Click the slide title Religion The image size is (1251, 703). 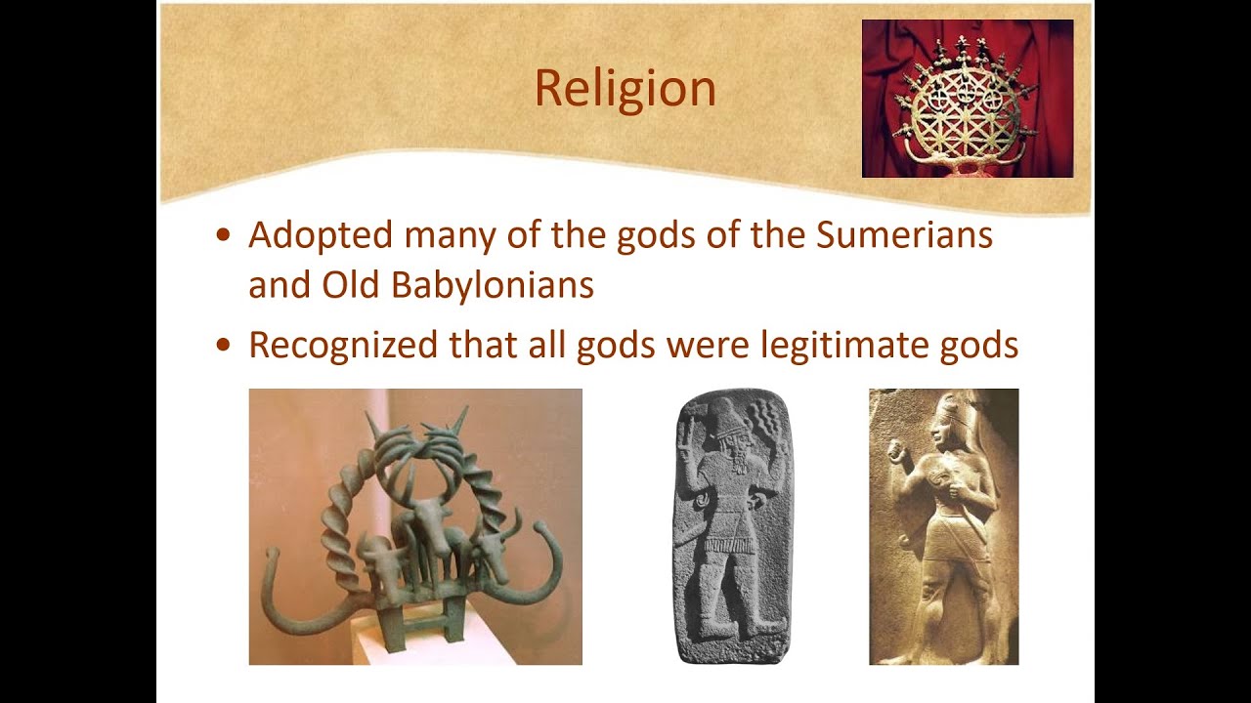coord(625,88)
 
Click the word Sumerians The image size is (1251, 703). coord(904,235)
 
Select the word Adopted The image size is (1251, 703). coord(321,236)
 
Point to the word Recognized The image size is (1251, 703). coord(343,345)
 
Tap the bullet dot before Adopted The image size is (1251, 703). coord(225,236)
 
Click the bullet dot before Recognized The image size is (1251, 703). coord(225,345)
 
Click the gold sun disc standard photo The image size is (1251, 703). coord(967,99)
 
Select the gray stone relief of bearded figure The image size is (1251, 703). coord(734,527)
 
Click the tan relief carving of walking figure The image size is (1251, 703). coord(943,527)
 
